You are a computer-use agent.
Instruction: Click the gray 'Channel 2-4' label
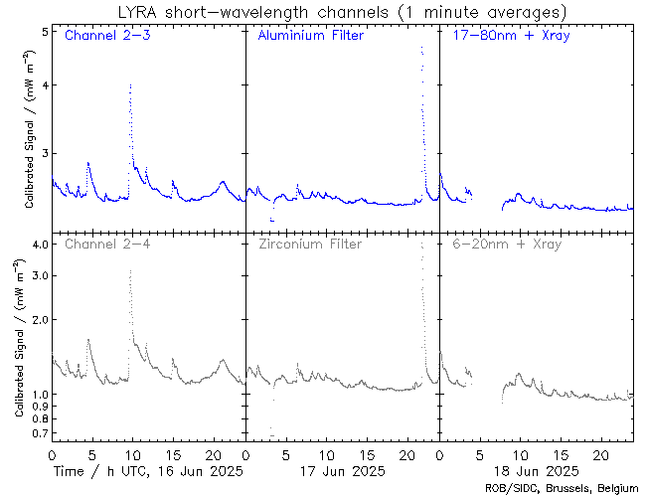pos(105,244)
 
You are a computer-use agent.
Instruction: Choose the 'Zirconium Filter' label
pos(310,244)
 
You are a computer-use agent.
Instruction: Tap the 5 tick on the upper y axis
pos(45,32)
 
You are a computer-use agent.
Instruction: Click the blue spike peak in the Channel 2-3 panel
pos(130,85)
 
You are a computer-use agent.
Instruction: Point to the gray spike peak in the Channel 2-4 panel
pos(130,271)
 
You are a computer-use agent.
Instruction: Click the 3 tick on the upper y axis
pos(45,153)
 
